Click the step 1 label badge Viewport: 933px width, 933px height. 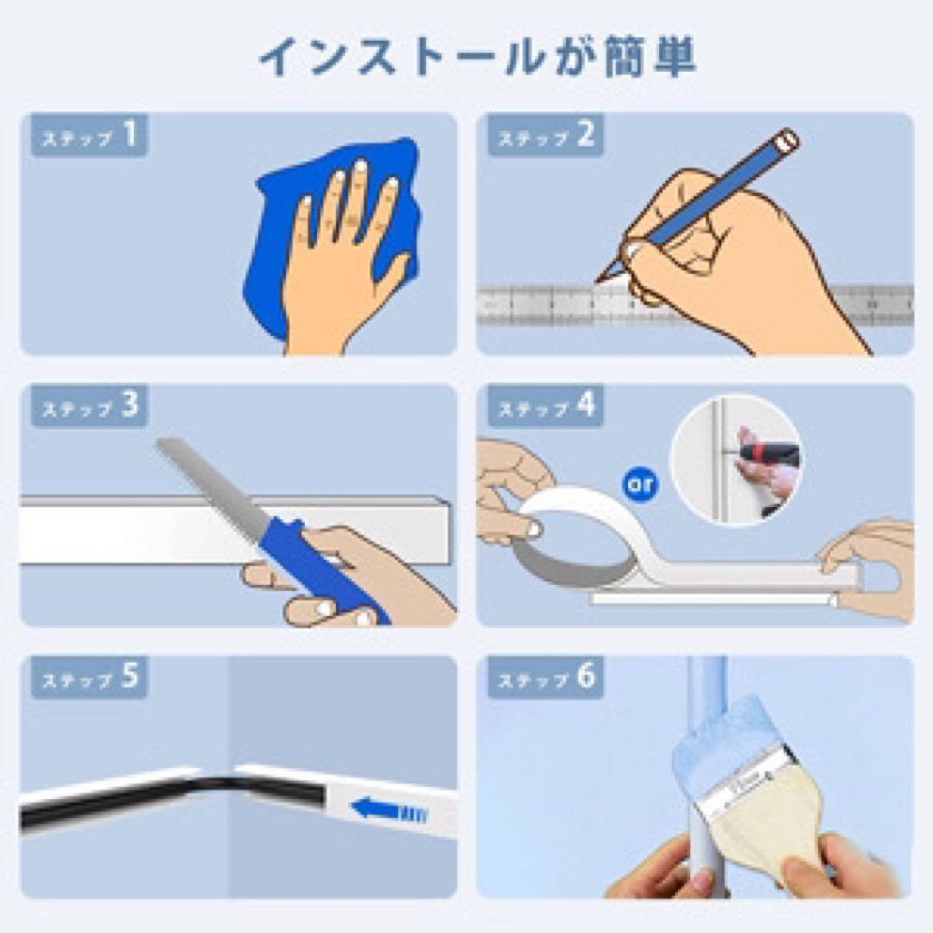[89, 136]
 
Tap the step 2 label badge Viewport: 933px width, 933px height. [545, 136]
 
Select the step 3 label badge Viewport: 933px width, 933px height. [89, 406]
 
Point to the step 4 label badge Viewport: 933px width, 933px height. [545, 406]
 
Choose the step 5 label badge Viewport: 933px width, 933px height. [89, 677]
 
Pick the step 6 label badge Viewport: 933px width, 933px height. [545, 677]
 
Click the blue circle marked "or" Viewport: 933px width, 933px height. [639, 485]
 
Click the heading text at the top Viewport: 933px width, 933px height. [478, 57]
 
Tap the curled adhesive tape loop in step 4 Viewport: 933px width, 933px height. [571, 536]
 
